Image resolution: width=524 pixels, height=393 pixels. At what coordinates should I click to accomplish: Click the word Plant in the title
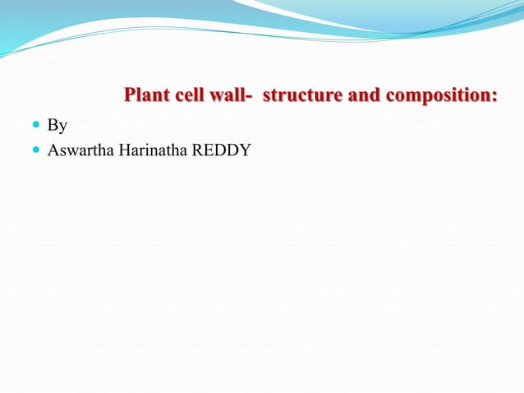click(145, 97)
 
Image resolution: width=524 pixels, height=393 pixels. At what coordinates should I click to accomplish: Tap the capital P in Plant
click(129, 97)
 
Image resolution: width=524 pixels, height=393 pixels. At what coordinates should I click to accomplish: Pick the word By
click(57, 127)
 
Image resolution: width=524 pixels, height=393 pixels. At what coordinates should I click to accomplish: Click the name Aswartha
click(80, 150)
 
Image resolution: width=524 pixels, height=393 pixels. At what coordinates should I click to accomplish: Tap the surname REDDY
click(220, 150)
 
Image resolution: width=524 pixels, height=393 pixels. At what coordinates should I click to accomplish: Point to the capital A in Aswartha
click(53, 150)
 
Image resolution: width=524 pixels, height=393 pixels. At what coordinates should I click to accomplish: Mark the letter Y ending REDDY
click(245, 150)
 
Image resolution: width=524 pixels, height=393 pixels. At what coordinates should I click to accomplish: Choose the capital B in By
click(53, 126)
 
